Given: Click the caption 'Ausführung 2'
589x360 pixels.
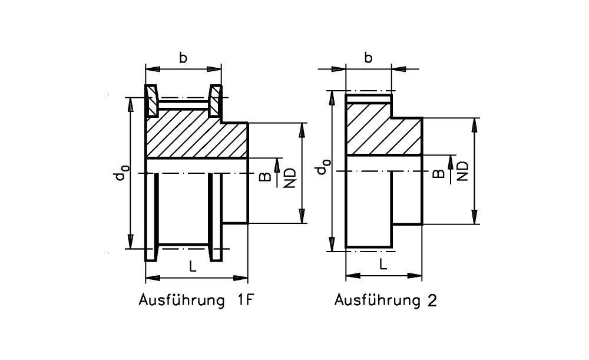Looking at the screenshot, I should click(386, 300).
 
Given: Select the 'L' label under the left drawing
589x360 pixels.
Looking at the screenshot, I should click(193, 266).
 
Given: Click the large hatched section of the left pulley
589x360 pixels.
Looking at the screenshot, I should click(197, 140).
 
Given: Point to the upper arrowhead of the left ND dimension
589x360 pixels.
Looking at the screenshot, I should click(302, 129).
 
